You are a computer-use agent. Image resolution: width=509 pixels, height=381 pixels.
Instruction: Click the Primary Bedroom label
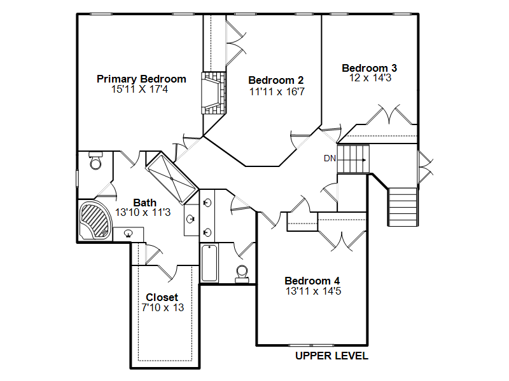pos(141,79)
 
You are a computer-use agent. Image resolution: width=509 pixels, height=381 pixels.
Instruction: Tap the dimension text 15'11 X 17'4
pos(139,89)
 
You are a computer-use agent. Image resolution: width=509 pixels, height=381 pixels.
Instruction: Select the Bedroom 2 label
pos(276,80)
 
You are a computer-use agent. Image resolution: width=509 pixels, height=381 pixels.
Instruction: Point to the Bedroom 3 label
pos(370,68)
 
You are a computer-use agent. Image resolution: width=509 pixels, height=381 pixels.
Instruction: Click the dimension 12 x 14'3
pos(370,77)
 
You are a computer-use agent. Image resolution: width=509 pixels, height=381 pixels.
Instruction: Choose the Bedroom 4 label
pos(312,281)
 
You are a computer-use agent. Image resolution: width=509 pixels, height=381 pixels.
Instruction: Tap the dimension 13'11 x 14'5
pos(313,291)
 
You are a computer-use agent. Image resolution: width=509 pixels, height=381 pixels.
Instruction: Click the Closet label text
pos(162,297)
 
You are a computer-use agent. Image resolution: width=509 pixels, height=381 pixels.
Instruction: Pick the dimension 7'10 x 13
pos(163,307)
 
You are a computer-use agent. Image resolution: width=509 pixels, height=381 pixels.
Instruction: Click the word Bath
pos(145,203)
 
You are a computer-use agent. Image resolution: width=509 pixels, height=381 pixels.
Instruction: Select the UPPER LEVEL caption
pos(331,356)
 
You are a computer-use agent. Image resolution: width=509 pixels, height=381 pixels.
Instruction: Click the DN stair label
pos(330,158)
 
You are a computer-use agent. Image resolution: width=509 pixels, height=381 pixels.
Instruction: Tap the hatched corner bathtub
pos(95,220)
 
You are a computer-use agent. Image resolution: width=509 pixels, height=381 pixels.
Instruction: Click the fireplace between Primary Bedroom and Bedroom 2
pos(214,93)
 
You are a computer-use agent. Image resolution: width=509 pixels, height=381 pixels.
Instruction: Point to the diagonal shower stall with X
pos(172,178)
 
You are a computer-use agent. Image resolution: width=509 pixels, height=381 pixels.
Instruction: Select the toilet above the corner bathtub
pos(96,161)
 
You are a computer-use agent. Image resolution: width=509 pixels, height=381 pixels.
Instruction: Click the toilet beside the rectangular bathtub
pos(242,273)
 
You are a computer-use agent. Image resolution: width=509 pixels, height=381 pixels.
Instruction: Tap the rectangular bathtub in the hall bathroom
pos(209,263)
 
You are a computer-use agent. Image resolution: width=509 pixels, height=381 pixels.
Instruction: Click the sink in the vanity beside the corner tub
pos(129,233)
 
